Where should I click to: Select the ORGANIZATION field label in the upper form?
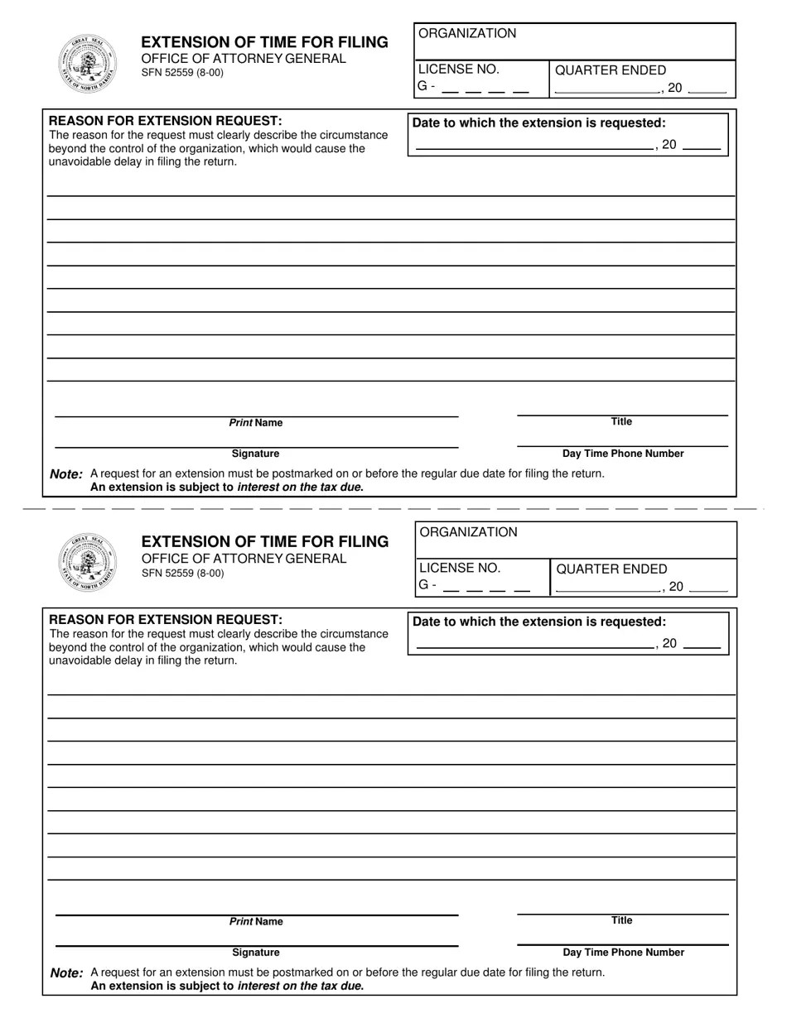[x=467, y=33]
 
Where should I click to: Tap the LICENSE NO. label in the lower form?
[x=460, y=568]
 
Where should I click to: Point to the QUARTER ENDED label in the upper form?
[x=610, y=70]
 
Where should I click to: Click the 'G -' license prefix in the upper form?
[x=427, y=86]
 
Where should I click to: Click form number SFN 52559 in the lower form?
[x=182, y=573]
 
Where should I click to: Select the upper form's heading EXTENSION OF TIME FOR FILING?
[x=264, y=42]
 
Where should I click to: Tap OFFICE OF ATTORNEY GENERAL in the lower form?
[x=244, y=559]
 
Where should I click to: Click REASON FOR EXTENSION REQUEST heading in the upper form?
[x=166, y=121]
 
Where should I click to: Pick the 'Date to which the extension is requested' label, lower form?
[x=539, y=622]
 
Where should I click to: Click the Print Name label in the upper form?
[x=256, y=423]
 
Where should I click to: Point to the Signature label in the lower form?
[x=256, y=953]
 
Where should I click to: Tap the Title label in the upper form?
[x=621, y=421]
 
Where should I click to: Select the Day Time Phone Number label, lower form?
[x=623, y=953]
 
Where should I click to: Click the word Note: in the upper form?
[x=66, y=474]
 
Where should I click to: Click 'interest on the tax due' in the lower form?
[x=299, y=986]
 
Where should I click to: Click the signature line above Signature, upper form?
[x=256, y=448]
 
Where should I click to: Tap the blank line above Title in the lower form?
[x=622, y=915]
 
